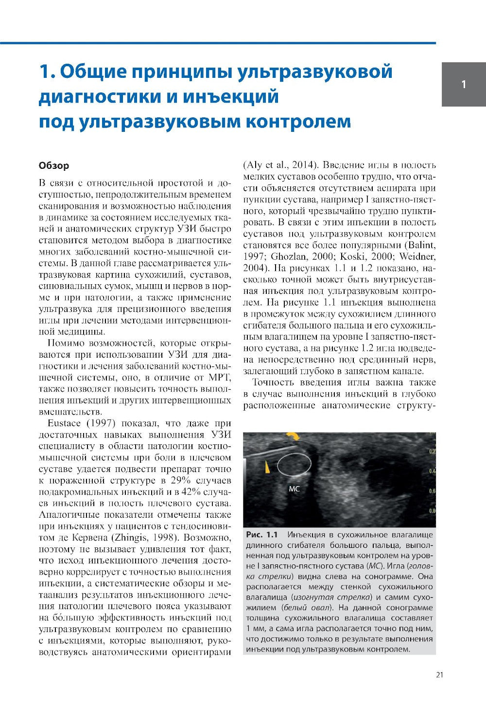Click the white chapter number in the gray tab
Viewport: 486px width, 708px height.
click(463, 84)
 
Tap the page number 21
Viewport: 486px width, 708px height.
click(439, 674)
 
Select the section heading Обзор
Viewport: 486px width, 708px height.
click(53, 165)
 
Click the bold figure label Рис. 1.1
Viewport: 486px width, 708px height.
click(261, 536)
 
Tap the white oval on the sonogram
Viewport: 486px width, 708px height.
click(294, 464)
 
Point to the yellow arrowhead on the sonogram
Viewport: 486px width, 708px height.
click(267, 466)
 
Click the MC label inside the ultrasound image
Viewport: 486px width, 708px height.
click(294, 489)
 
